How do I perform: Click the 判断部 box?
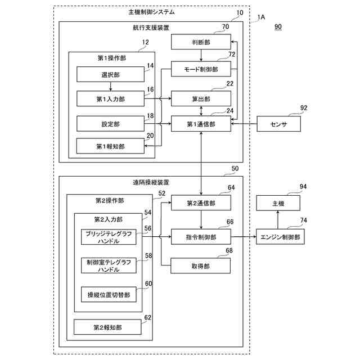coord(201,41)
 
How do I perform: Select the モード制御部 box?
coord(201,69)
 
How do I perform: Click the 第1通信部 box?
coord(201,123)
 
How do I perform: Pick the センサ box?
coord(280,124)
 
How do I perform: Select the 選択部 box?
coord(110,74)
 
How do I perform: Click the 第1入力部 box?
coord(110,98)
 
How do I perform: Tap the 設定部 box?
coord(110,123)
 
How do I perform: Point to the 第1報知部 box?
coord(110,146)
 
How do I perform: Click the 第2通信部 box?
coord(201,203)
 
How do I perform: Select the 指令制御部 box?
coord(201,237)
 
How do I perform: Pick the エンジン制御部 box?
coord(280,237)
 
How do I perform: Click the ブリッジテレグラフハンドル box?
coord(109,237)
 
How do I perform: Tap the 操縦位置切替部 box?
coord(109,294)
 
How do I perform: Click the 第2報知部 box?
coord(109,326)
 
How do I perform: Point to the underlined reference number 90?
coord(278,26)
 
